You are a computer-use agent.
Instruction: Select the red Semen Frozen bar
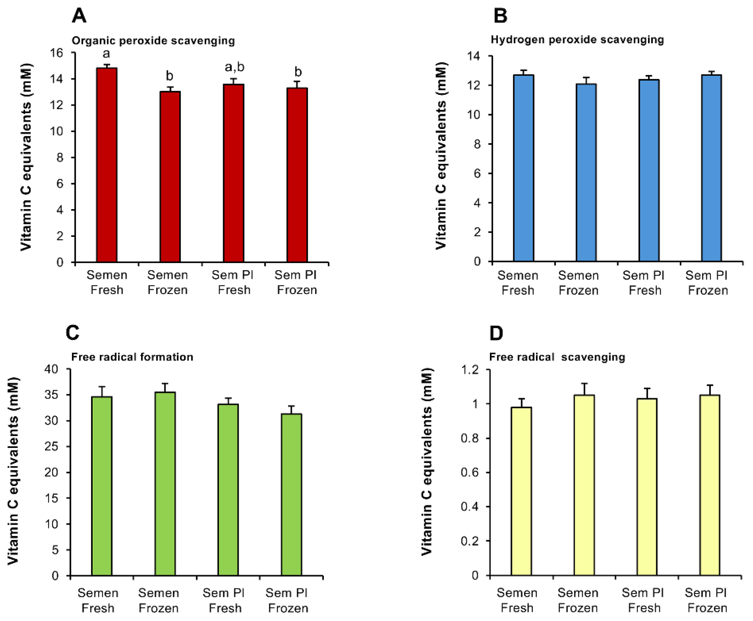[x=170, y=177]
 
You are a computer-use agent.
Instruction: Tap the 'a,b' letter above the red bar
[x=234, y=67]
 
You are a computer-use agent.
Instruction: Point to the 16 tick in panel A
[x=56, y=53]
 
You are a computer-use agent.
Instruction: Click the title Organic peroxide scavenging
[x=153, y=41]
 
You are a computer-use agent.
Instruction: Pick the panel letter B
[x=500, y=16]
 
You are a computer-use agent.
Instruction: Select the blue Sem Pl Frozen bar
[x=711, y=168]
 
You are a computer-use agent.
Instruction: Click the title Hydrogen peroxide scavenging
[x=577, y=40]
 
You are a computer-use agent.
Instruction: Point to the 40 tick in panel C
[x=51, y=369]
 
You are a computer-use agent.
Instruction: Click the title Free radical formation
[x=132, y=357]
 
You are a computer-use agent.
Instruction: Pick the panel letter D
[x=496, y=333]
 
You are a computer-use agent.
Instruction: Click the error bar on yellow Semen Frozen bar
[x=584, y=389]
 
